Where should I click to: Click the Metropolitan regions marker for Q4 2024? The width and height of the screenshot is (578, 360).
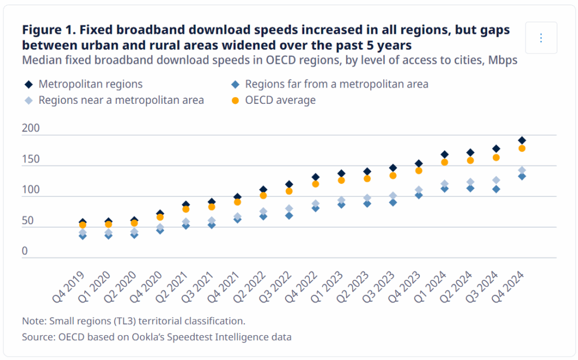coord(522,141)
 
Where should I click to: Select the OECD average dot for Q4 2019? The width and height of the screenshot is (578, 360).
coord(82,225)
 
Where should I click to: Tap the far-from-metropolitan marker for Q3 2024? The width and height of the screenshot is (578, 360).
coord(496,189)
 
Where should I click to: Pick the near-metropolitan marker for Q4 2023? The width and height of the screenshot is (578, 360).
coord(419,190)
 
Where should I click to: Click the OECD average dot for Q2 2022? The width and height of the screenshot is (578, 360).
coord(263,195)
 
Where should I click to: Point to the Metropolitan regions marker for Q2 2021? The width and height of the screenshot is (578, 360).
coord(186,204)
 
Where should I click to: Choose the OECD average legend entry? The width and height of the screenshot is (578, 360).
coord(280,100)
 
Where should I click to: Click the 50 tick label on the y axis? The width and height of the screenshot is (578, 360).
coord(28,221)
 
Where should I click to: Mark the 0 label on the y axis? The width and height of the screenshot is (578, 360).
coord(25,251)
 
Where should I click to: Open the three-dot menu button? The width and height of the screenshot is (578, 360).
coord(541,38)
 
